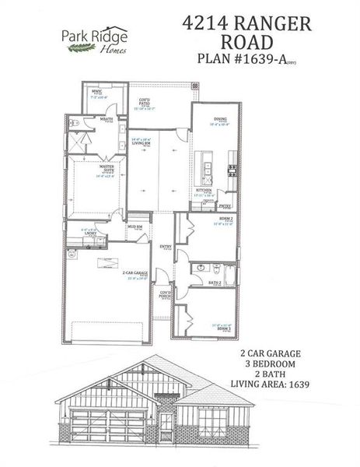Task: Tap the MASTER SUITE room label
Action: point(108,167)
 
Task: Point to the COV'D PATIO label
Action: point(145,100)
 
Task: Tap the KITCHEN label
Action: point(204,189)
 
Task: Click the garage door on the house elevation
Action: point(101,427)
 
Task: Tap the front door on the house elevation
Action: point(167,423)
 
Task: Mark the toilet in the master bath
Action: point(73,124)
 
